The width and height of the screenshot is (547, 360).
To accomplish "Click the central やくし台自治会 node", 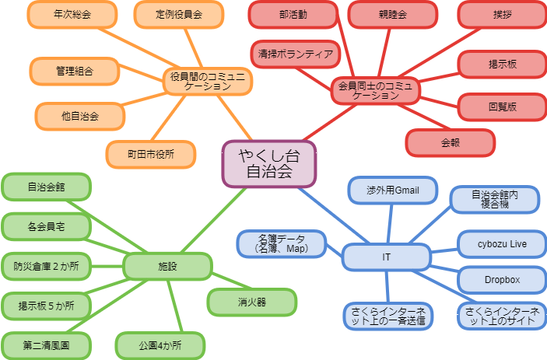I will coord(268,164).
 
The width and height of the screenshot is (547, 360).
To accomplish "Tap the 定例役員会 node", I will coord(178,14).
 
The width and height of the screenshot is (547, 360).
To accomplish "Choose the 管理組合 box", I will coord(74,72).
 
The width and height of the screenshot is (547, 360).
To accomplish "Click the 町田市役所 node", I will coord(151,152).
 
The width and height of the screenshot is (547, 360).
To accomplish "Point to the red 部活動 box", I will coord(293,14).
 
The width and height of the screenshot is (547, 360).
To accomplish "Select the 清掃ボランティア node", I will coord(296,54).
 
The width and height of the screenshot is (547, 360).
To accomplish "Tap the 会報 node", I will coord(451,142).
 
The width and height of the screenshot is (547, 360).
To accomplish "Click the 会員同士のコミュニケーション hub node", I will coord(376,89).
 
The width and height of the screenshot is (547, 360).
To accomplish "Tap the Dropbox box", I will coord(502,279).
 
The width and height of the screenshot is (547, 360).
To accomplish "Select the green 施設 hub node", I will coord(167,267).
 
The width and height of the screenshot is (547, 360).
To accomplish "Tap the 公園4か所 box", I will coord(160,344).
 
